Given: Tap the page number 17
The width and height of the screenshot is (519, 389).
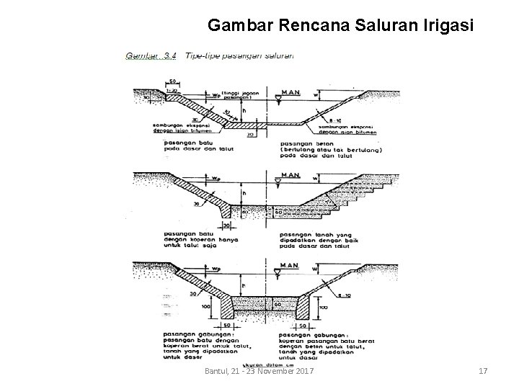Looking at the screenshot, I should [483, 371].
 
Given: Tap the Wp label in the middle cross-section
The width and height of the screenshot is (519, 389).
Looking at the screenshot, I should [216, 175].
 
